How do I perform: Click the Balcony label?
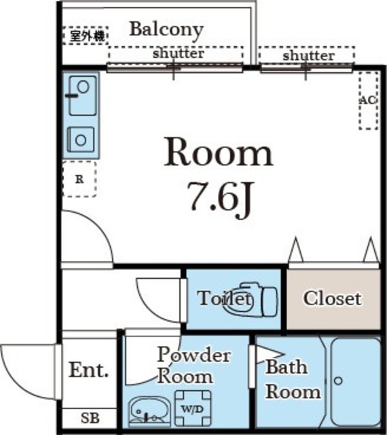(166, 30)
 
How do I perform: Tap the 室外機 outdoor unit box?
(85, 35)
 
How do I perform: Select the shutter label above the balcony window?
(179, 53)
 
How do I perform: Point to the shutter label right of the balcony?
(308, 56)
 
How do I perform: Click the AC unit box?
(369, 101)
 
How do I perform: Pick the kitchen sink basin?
(83, 95)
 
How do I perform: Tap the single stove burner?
(81, 139)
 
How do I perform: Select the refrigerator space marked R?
(79, 179)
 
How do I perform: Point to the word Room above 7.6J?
(218, 152)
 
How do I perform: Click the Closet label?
(333, 298)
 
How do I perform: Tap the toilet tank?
(269, 302)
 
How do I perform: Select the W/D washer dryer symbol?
(193, 408)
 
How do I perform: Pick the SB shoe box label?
(90, 418)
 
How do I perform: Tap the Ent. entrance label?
(88, 370)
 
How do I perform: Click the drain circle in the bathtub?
(338, 381)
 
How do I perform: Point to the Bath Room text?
(293, 379)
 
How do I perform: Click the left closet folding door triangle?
(296, 249)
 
